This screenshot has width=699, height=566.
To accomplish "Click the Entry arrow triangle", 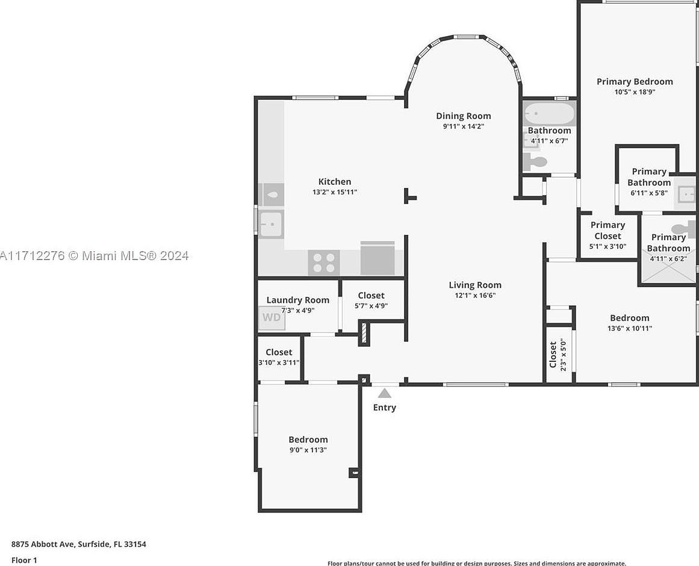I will point(384,393).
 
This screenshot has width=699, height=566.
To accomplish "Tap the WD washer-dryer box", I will point(272,317).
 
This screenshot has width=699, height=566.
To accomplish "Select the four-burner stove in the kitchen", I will point(323,263).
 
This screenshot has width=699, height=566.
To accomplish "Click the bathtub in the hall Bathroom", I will point(549,114).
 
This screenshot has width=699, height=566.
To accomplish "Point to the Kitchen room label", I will point(335,181).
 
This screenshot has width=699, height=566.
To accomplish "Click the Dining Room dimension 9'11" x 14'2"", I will point(464,126).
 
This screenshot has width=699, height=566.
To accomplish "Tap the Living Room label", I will point(475,285).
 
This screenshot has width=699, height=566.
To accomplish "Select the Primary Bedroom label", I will point(635,81).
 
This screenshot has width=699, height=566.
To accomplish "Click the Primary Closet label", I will point(607,230).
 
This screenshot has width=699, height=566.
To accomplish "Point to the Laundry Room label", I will point(297,300).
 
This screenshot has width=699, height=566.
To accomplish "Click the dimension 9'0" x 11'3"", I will point(308,450).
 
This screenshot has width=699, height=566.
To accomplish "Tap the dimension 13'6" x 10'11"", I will point(630,328).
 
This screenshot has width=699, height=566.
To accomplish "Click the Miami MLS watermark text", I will point(95,255).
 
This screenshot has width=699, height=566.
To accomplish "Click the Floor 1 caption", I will point(24,560).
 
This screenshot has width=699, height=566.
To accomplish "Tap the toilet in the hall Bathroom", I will point(535,161).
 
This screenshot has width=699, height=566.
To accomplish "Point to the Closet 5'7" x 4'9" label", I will point(371,300).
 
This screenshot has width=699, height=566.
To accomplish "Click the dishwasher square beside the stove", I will point(377,259).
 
